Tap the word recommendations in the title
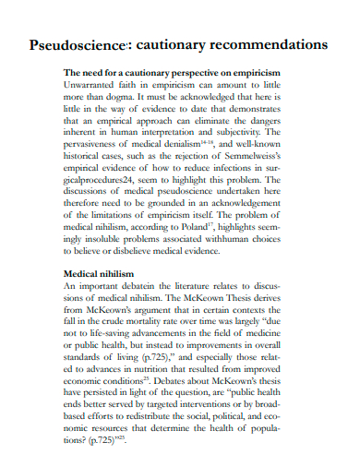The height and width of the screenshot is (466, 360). (267, 44)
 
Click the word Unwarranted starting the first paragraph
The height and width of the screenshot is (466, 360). (92, 83)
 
